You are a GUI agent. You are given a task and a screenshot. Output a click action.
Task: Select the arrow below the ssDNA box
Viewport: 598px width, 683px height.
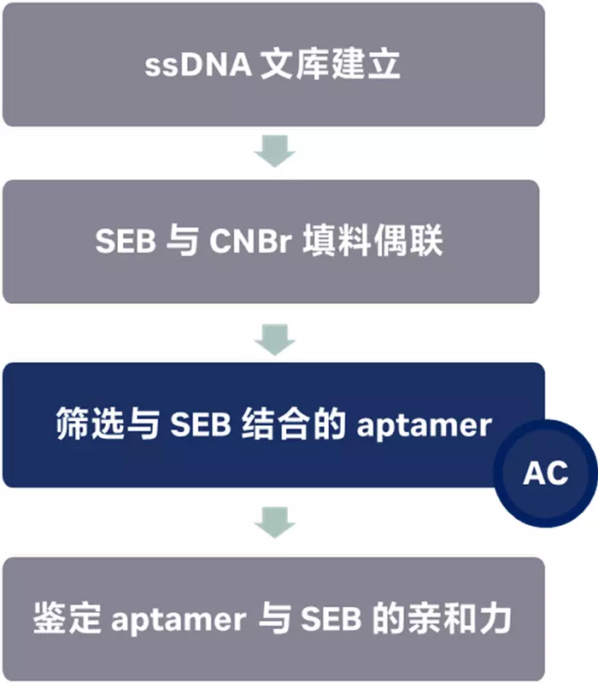pos(274,152)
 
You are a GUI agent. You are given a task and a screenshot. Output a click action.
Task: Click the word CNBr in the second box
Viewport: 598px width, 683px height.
pos(242,242)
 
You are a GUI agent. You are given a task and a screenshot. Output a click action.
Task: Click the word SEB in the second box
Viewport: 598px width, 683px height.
pos(125,242)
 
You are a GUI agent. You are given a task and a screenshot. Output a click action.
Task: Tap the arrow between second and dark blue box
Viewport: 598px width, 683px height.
pos(274,336)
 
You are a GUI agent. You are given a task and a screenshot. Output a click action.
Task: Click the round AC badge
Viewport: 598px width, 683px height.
pos(546,472)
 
